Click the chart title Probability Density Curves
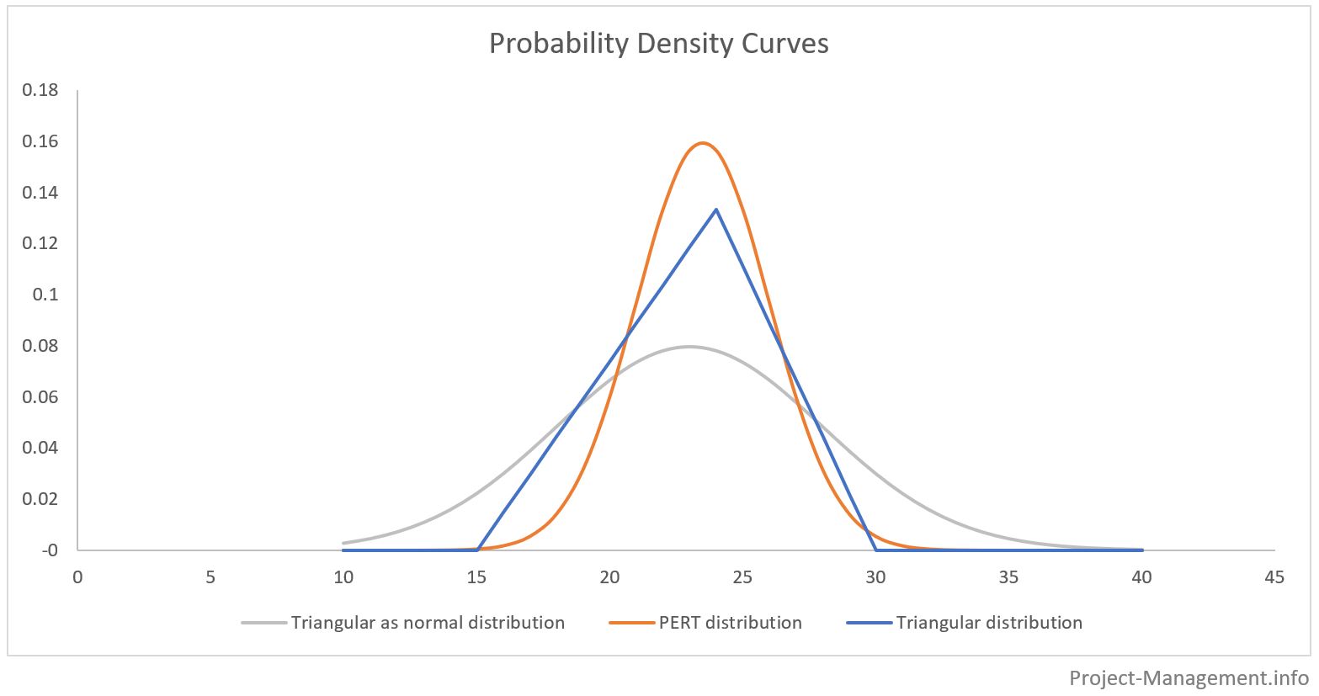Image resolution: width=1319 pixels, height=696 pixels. (658, 43)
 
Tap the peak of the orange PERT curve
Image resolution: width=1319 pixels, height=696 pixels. (702, 143)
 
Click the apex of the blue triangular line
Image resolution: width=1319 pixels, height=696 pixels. (716, 209)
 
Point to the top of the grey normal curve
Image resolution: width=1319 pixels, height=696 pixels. (689, 346)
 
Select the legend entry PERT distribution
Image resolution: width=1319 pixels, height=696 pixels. (730, 623)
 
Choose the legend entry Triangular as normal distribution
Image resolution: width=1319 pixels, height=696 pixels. (427, 623)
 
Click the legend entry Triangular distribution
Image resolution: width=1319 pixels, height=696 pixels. (989, 623)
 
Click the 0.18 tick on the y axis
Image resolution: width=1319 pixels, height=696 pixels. (41, 90)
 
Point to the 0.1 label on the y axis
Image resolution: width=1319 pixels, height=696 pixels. (47, 295)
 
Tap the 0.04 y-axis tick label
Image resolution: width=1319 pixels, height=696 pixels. (41, 448)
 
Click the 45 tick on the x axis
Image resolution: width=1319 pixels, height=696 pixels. (1274, 577)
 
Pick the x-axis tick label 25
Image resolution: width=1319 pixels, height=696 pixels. (742, 577)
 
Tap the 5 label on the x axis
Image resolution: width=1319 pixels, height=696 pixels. (210, 577)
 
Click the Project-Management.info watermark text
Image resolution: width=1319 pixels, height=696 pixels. (1189, 677)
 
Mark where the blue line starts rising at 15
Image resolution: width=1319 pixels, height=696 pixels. (477, 550)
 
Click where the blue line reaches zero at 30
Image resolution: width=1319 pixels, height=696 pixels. (876, 550)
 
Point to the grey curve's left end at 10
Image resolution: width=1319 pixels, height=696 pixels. (343, 543)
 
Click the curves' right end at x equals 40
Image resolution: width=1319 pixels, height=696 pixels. (1142, 550)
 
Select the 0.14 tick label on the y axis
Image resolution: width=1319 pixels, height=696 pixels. (41, 193)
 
